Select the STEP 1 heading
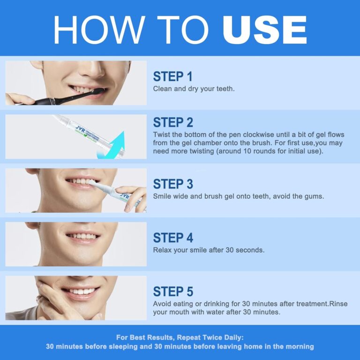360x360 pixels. [x=172, y=76]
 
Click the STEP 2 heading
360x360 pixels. [x=172, y=122]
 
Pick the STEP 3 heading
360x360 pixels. [x=172, y=184]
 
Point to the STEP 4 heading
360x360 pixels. [x=172, y=238]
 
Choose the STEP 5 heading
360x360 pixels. [x=172, y=291]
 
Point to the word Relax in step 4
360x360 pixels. [x=163, y=250]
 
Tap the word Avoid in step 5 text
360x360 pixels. [x=163, y=303]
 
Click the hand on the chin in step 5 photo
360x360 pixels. [x=54, y=305]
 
